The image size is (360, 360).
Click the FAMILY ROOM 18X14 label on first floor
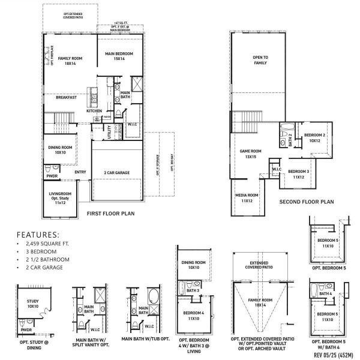click(69, 60)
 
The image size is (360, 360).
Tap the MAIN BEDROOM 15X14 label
click(119, 56)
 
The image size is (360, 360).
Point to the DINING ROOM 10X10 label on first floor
click(60, 149)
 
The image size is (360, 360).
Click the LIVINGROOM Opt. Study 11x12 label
click(60, 198)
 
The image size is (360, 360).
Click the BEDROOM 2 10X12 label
click(314, 138)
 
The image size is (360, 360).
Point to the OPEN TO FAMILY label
click(260, 59)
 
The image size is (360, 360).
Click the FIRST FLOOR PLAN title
click(110, 213)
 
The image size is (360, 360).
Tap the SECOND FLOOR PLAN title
click(306, 202)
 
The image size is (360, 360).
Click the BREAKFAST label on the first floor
click(66, 97)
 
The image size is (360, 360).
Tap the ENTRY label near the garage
click(80, 173)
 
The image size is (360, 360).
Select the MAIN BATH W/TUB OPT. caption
click(143, 338)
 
